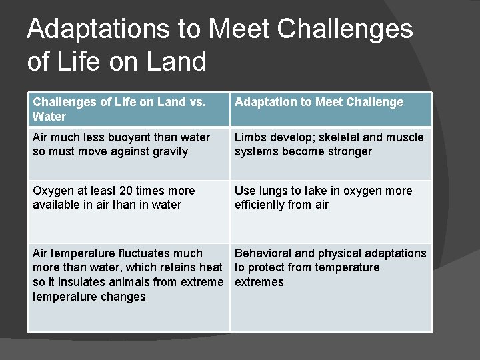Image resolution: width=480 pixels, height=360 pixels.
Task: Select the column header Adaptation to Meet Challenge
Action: click(x=319, y=102)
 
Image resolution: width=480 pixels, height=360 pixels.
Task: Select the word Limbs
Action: click(x=250, y=137)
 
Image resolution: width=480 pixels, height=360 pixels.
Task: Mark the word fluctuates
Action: click(x=141, y=253)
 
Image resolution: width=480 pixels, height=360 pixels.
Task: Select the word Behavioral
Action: click(x=263, y=253)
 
